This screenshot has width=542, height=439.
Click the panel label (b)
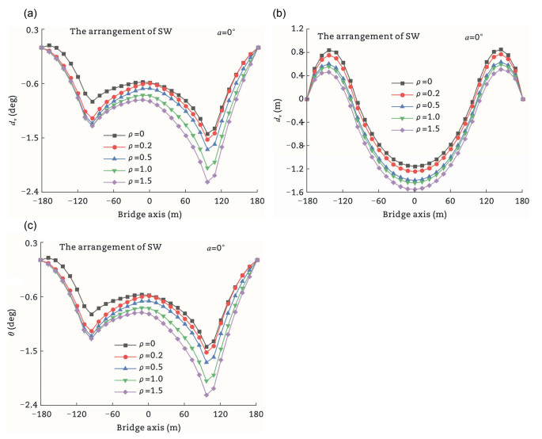click(x=280, y=13)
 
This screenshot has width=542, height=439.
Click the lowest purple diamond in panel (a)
click(x=207, y=181)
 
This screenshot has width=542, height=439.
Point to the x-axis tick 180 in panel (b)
click(x=523, y=201)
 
